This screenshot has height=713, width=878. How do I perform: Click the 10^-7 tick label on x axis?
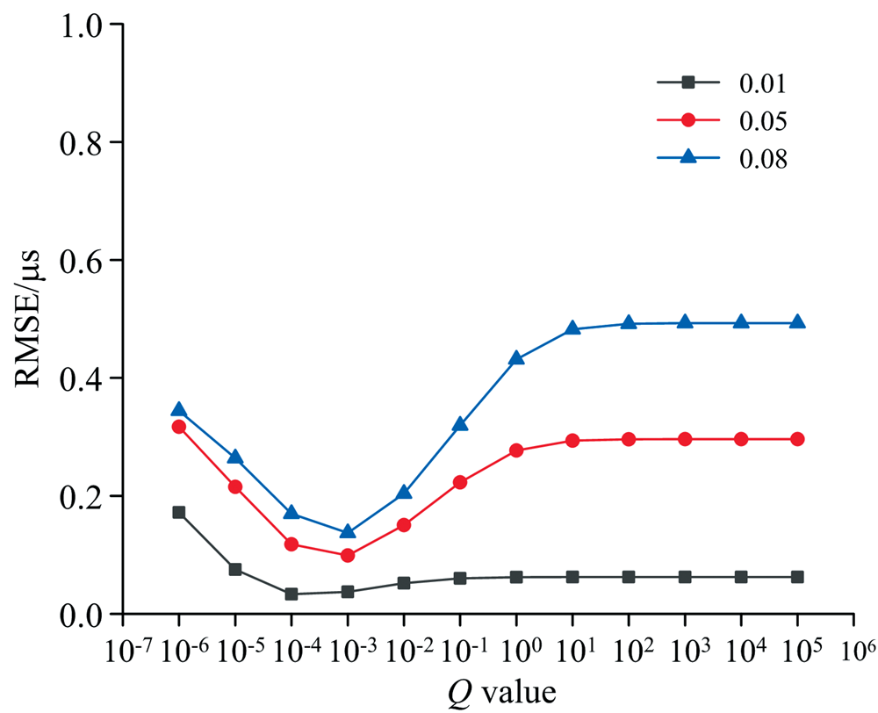click(123, 650)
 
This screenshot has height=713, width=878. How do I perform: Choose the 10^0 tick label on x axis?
click(516, 650)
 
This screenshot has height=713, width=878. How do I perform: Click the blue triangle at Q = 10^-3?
click(348, 531)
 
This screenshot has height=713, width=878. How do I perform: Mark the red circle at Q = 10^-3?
click(348, 555)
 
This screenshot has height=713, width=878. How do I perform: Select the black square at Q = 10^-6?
click(179, 512)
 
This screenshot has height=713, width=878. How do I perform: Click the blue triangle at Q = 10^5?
click(797, 322)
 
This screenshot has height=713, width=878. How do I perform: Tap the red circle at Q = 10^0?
click(516, 450)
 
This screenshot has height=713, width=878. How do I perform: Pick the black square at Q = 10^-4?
click(291, 594)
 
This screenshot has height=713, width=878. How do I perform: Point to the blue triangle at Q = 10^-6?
click(179, 409)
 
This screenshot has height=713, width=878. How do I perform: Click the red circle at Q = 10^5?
click(797, 439)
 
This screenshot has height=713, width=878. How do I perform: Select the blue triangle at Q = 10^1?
click(572, 328)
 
